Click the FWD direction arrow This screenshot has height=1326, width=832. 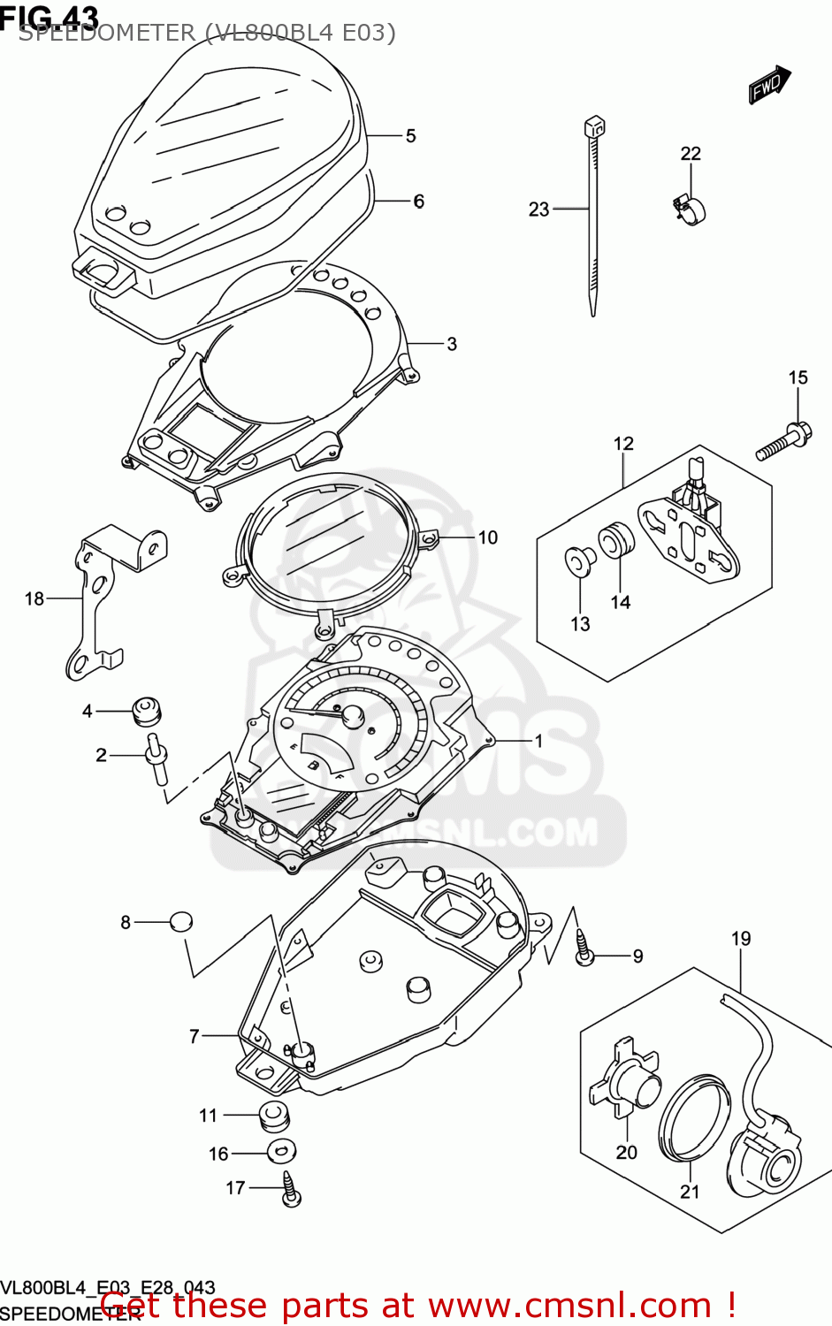769,85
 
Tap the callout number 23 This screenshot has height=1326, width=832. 538,210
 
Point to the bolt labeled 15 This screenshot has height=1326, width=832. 783,442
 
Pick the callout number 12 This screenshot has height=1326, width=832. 623,444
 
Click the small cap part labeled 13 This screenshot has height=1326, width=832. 579,560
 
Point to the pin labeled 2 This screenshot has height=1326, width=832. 157,758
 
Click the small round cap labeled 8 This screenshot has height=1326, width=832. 180,921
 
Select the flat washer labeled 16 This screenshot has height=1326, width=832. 281,1152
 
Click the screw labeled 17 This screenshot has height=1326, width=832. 290,1189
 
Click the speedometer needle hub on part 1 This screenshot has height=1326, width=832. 353,715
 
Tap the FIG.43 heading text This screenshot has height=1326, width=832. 50,16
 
